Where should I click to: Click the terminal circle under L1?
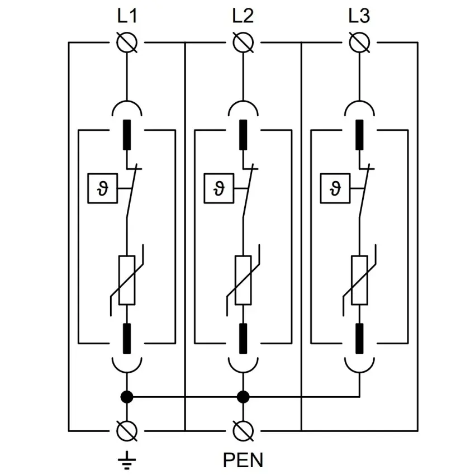pyautogui.click(x=127, y=42)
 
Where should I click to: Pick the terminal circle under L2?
pyautogui.click(x=243, y=42)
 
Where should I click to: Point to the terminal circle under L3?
pyautogui.click(x=359, y=42)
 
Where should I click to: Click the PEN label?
pyautogui.click(x=243, y=460)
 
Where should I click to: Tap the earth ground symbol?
pyautogui.click(x=127, y=459)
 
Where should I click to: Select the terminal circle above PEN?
pyautogui.click(x=243, y=430)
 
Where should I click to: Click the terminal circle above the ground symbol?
pyautogui.click(x=127, y=430)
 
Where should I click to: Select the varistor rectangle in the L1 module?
pyautogui.click(x=127, y=279)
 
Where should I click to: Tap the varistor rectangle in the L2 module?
pyautogui.click(x=243, y=279)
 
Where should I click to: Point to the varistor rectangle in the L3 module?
pyautogui.click(x=359, y=279)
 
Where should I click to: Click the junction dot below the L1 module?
pyautogui.click(x=127, y=397)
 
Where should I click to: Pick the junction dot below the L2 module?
pyautogui.click(x=243, y=397)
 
